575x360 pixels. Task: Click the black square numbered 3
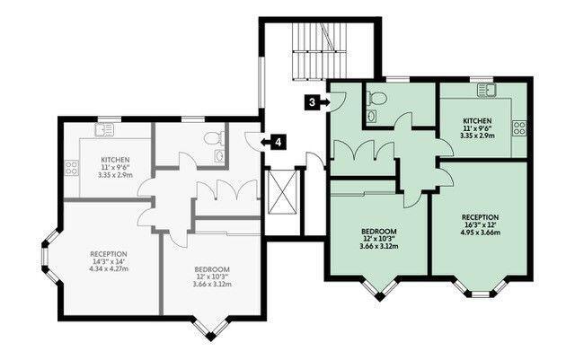[x=312, y=102]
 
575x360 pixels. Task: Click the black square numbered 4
[x=279, y=142]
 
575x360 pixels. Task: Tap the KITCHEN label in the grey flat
[x=116, y=160]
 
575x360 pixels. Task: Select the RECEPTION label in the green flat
[x=480, y=217]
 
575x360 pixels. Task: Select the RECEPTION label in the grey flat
[x=109, y=254]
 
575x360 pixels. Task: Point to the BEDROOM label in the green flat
[x=379, y=232]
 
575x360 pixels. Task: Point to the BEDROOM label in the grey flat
[x=212, y=269]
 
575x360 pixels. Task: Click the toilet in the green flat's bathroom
[x=377, y=98]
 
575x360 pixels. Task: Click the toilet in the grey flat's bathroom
[x=214, y=138]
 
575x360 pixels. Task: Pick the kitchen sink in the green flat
[x=487, y=90]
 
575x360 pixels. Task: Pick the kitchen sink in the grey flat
[x=104, y=130]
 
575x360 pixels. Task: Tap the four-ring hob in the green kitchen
[x=519, y=128]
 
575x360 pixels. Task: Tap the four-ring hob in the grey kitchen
[x=72, y=168]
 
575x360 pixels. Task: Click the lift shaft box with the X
[x=282, y=192]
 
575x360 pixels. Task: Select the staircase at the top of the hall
[x=319, y=51]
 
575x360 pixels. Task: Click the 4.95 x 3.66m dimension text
[x=480, y=233]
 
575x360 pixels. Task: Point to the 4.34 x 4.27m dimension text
[x=109, y=268]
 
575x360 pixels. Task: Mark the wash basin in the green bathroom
[x=372, y=116]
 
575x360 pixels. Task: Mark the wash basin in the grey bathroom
[x=219, y=156]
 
